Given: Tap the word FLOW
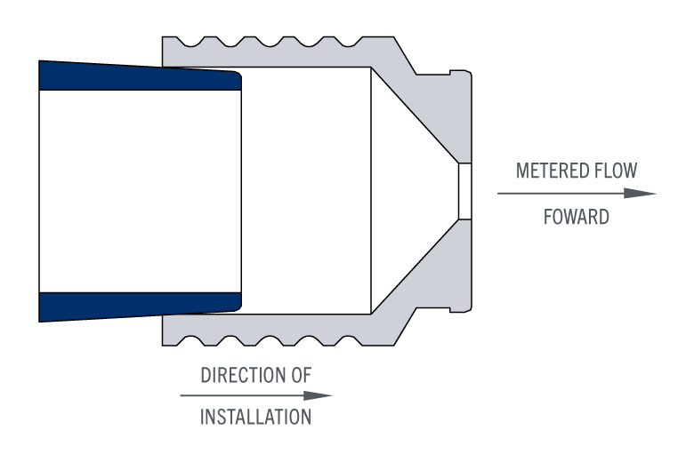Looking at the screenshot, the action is (x=616, y=171).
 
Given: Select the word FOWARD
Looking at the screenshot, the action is (x=577, y=217).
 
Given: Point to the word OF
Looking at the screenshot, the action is (x=301, y=375).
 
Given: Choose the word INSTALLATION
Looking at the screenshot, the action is (x=256, y=417).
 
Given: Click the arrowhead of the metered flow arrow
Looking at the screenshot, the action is (x=640, y=193).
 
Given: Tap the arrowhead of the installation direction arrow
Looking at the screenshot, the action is (x=319, y=395).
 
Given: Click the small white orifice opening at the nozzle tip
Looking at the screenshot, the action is (x=464, y=191).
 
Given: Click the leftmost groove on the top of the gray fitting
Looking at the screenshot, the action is (x=190, y=41).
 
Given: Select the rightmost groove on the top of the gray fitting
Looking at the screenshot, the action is (x=348, y=41).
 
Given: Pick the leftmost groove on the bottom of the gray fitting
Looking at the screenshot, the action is (x=190, y=341).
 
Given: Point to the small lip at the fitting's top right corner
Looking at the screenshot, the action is (x=461, y=73).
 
